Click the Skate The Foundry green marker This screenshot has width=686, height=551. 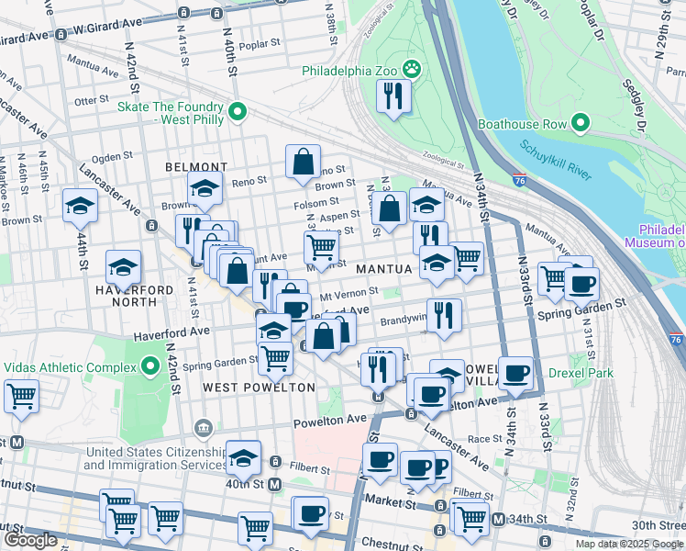point(237,112)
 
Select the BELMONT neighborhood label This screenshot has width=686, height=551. point(195,167)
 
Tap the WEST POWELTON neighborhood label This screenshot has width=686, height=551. point(259,388)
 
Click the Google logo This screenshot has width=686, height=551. point(30,540)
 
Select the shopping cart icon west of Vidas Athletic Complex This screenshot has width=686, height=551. point(20,397)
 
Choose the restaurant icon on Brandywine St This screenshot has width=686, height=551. point(444,315)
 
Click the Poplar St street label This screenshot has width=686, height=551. point(259,43)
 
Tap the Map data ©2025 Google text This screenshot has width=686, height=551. point(629,544)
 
